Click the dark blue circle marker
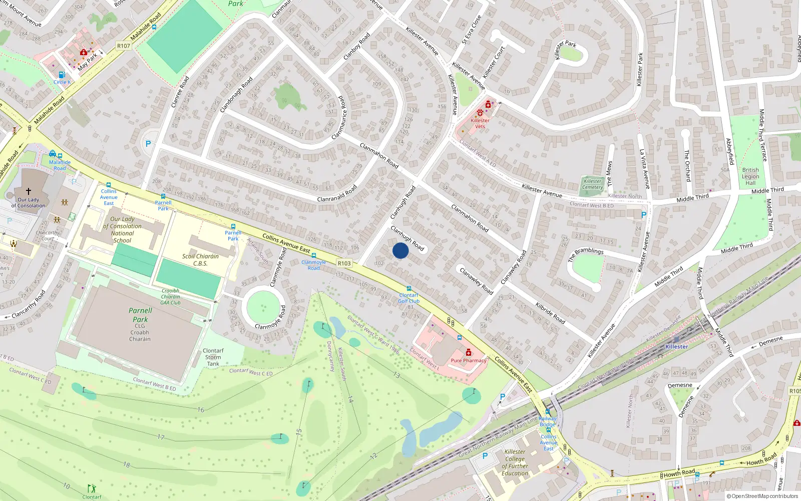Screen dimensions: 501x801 click(x=400, y=250)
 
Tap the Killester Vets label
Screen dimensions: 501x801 click(x=480, y=123)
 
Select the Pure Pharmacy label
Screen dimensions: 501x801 click(x=468, y=360)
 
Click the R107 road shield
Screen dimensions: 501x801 click(x=124, y=46)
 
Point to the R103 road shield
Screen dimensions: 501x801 click(x=344, y=263)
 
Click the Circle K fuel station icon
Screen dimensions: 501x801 click(x=62, y=75)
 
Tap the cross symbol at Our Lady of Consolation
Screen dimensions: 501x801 click(x=29, y=191)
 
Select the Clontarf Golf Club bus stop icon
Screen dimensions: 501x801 click(x=409, y=289)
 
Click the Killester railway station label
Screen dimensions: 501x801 click(x=676, y=347)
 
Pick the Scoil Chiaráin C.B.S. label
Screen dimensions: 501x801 click(x=200, y=260)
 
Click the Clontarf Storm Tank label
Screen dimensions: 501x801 click(x=213, y=357)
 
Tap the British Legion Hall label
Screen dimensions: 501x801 click(x=750, y=176)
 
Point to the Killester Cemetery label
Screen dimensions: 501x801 click(x=593, y=184)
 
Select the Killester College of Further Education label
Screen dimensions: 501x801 click(x=515, y=462)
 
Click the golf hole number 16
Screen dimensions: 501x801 click(x=201, y=409)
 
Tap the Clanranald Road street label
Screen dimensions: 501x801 click(x=337, y=194)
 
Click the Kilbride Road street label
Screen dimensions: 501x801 click(x=550, y=313)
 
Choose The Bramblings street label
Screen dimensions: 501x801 click(x=585, y=254)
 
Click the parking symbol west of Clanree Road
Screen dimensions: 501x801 click(x=148, y=144)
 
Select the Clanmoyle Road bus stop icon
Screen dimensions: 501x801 click(x=314, y=256)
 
